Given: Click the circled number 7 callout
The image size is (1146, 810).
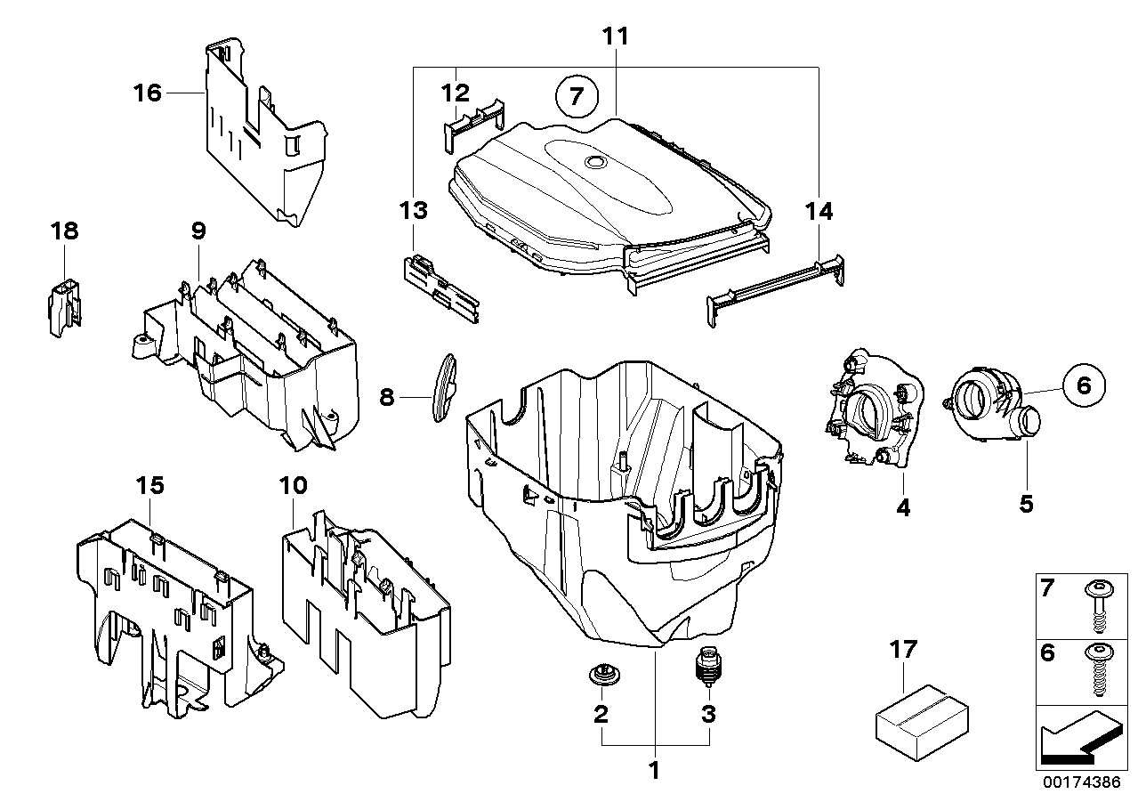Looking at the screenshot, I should coord(577,96).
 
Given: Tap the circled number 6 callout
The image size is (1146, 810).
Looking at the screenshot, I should coord(1084,386).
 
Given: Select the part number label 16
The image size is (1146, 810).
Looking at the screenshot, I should coord(148,92).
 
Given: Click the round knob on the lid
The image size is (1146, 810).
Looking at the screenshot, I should coord(593,163).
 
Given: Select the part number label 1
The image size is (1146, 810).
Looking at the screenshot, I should coord(654,771).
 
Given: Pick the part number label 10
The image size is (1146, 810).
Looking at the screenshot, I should coord(293,486).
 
